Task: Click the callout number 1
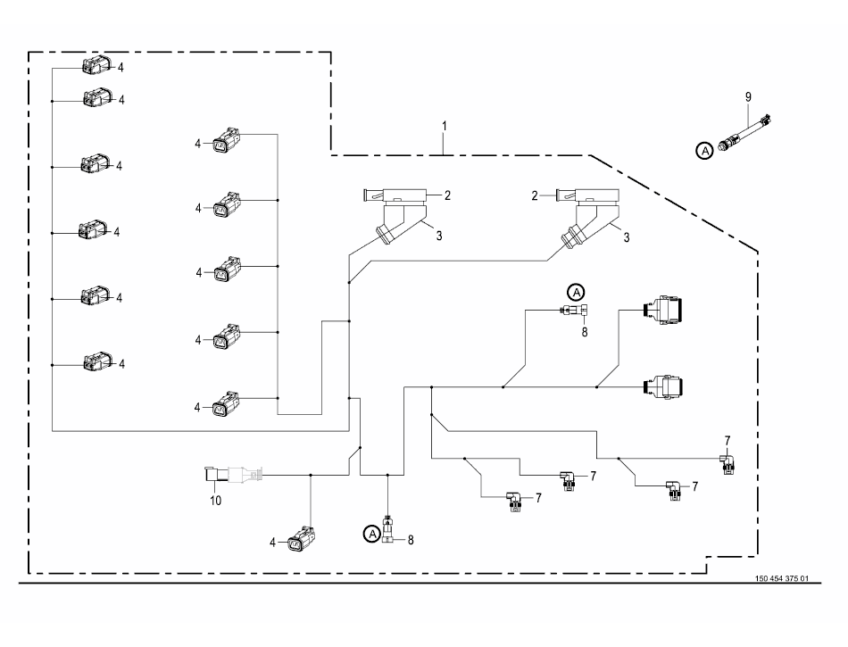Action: tap(445, 126)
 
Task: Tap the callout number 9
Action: tap(749, 97)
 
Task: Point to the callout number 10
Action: tap(216, 501)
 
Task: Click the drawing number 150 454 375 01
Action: tap(781, 578)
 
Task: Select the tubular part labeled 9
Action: tap(744, 131)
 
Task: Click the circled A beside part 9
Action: tap(704, 151)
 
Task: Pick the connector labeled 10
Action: tap(234, 474)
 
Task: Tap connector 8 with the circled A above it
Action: tap(575, 311)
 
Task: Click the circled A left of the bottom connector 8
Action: tap(371, 534)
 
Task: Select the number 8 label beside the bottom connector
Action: tap(411, 540)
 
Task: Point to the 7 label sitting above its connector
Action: tap(727, 441)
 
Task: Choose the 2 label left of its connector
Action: tap(535, 196)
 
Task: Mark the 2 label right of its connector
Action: tap(447, 195)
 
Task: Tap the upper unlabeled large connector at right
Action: tap(662, 311)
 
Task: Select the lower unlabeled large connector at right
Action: tap(662, 386)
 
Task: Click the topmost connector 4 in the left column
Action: tap(96, 65)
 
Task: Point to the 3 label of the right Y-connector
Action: tap(627, 237)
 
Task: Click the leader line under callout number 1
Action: tap(444, 144)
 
